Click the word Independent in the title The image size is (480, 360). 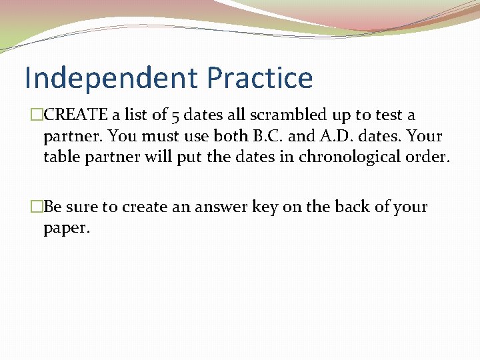pyautogui.click(x=111, y=78)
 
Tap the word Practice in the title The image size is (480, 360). pyautogui.click(x=259, y=78)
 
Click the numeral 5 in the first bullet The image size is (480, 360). pyautogui.click(x=175, y=115)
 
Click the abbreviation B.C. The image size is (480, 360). pyautogui.click(x=267, y=136)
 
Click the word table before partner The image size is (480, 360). pyautogui.click(x=59, y=157)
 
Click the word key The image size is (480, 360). pyautogui.click(x=266, y=207)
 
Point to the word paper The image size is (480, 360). pyautogui.click(x=65, y=229)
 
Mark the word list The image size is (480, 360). pyautogui.click(x=134, y=115)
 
